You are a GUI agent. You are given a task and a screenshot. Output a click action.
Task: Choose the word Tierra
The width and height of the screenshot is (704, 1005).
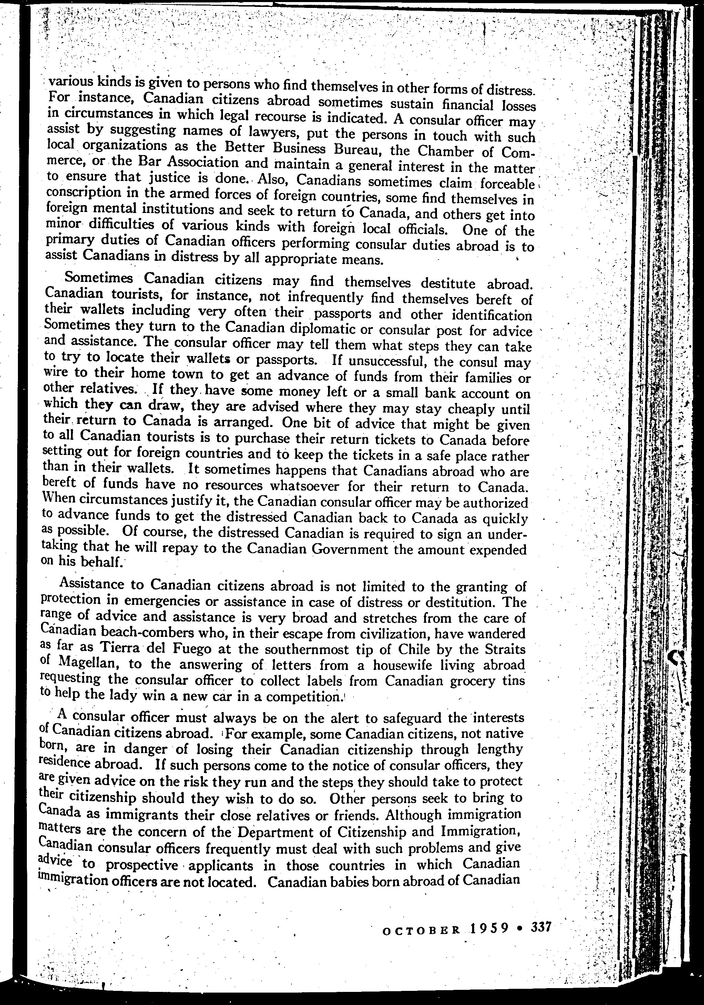tap(119, 647)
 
